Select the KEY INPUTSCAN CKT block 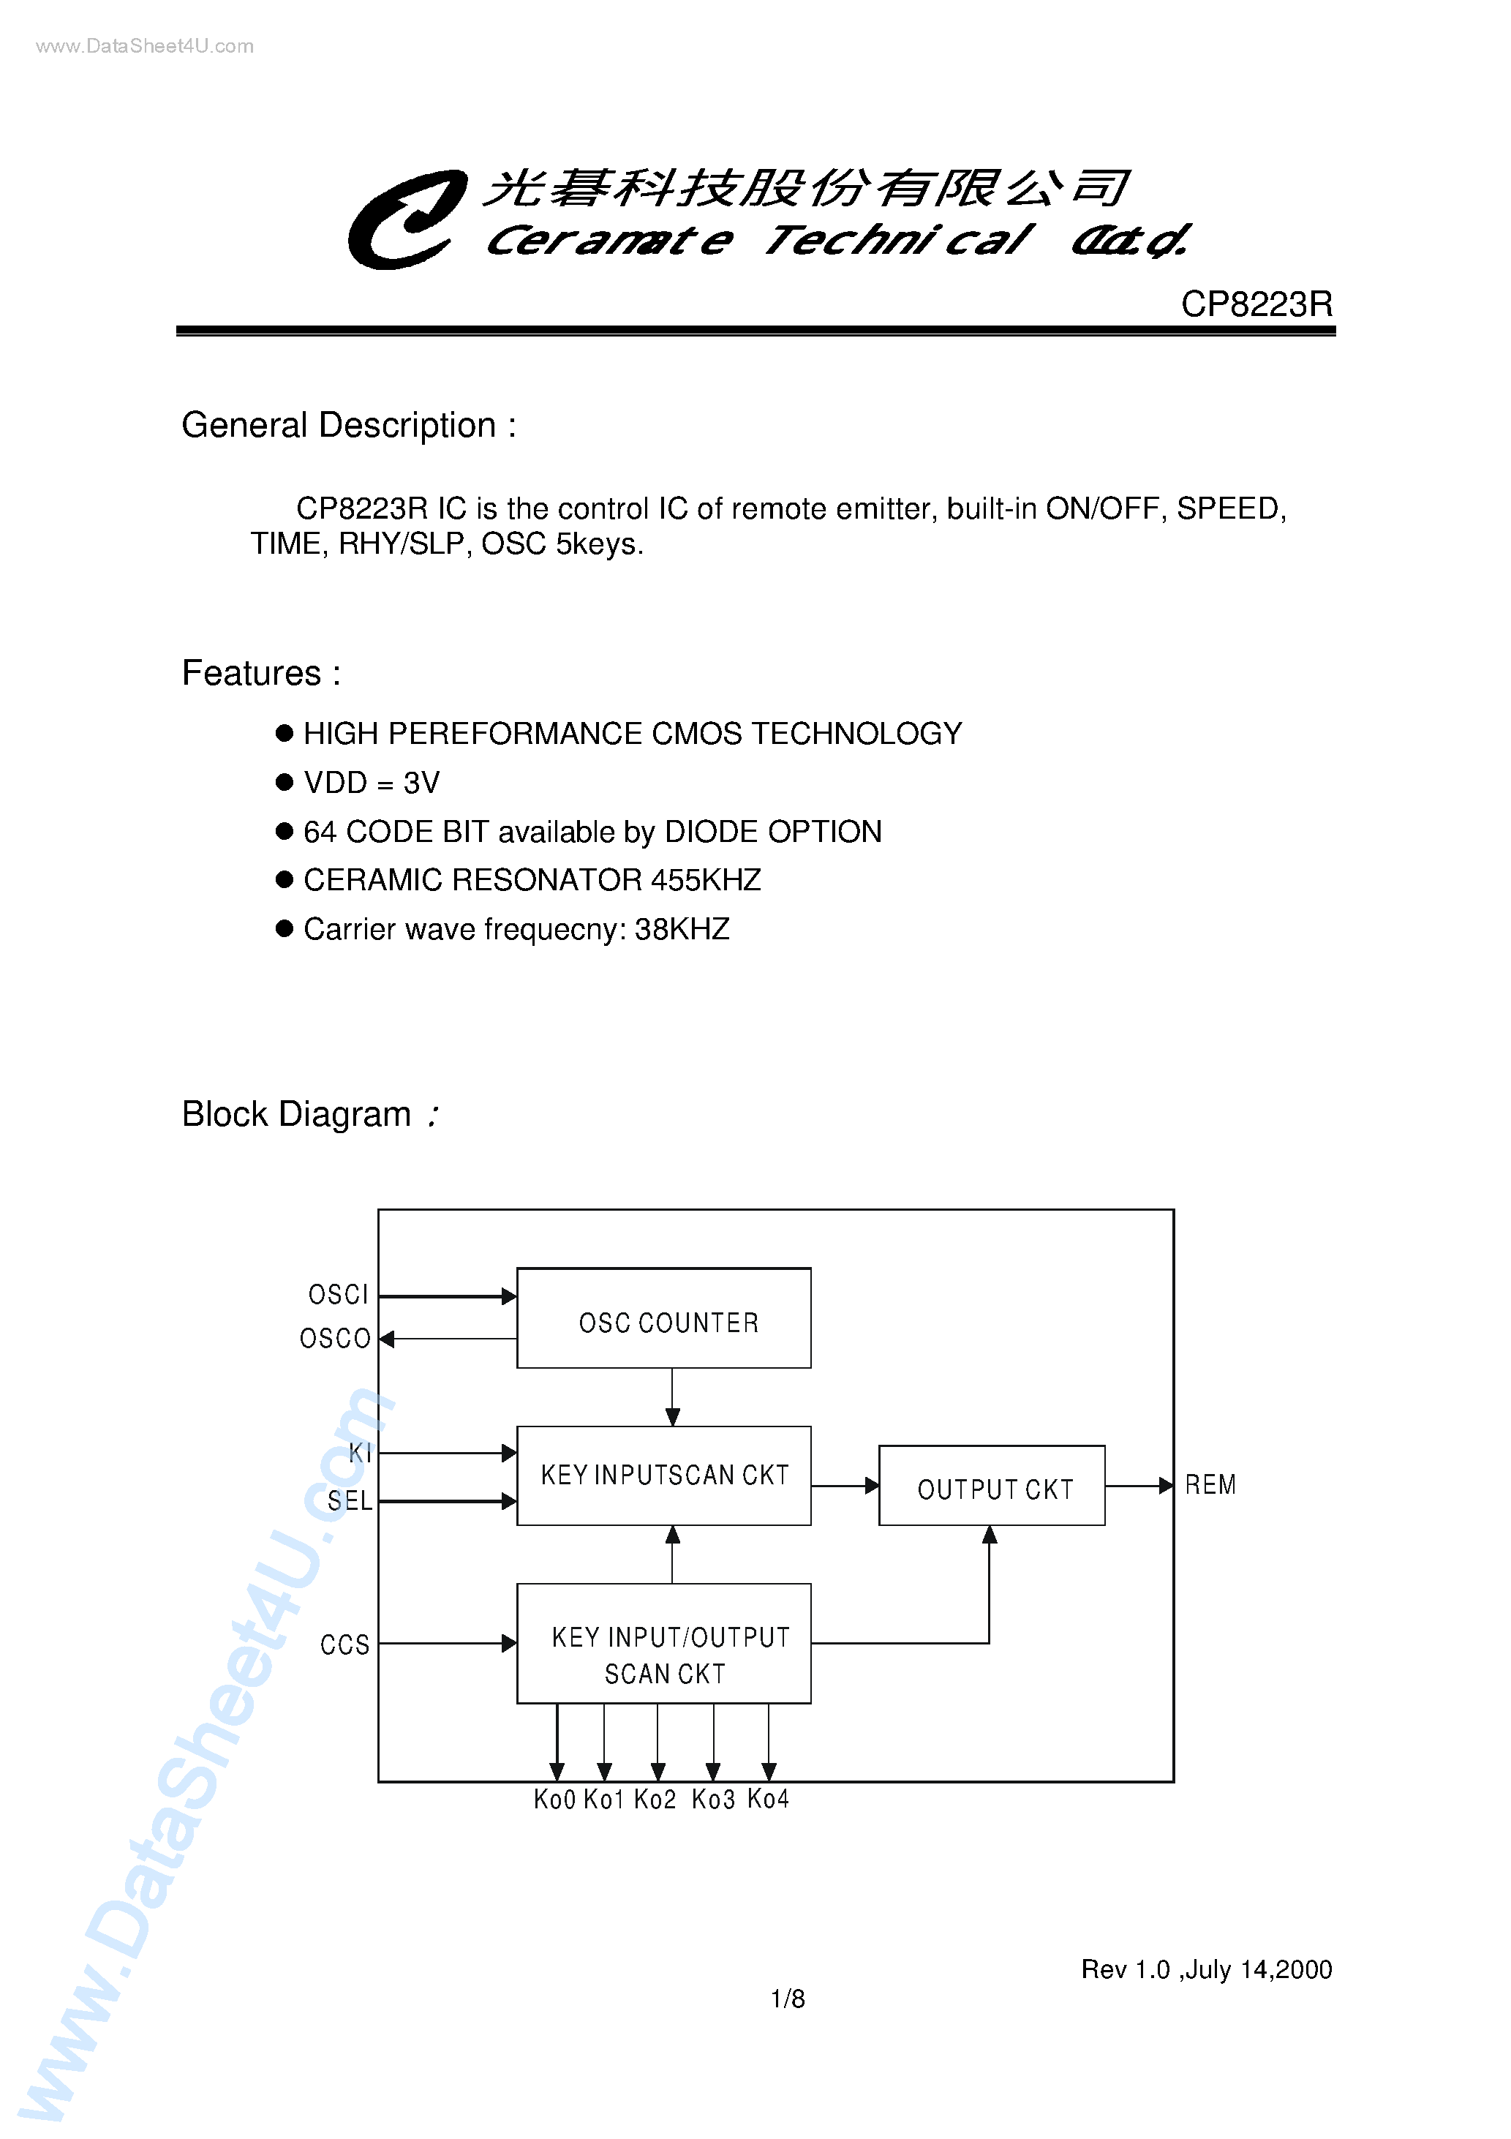[x=663, y=1475]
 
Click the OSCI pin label [x=338, y=1295]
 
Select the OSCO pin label [x=336, y=1339]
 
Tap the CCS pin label [x=344, y=1644]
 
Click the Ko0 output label [x=554, y=1799]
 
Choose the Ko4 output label [x=768, y=1799]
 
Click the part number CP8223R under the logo [x=1256, y=304]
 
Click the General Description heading [x=348, y=426]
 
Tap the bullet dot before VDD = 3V [x=284, y=781]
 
